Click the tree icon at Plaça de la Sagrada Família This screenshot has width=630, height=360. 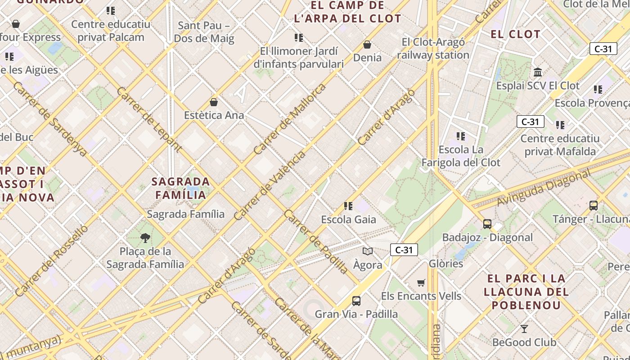pyautogui.click(x=145, y=238)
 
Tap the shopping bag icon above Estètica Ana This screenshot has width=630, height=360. pyautogui.click(x=214, y=102)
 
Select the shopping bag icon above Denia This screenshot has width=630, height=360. pyautogui.click(x=367, y=45)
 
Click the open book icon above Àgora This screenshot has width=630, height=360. pyautogui.click(x=368, y=252)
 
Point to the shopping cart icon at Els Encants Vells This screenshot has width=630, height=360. pyautogui.click(x=421, y=283)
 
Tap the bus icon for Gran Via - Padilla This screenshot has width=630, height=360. pyautogui.click(x=356, y=301)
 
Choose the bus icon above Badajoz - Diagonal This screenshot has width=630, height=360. pyautogui.click(x=487, y=224)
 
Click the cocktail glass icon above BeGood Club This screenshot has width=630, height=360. pyautogui.click(x=524, y=329)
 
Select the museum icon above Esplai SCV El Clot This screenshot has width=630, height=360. pyautogui.click(x=538, y=72)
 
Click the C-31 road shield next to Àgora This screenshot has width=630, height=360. pyautogui.click(x=404, y=250)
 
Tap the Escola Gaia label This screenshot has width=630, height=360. pyautogui.click(x=348, y=220)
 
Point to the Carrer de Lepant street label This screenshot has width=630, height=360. pyautogui.click(x=149, y=119)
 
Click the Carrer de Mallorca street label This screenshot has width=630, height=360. pyautogui.click(x=290, y=119)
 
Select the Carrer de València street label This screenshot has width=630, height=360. pyautogui.click(x=270, y=185)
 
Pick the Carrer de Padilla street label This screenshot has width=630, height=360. pyautogui.click(x=316, y=242)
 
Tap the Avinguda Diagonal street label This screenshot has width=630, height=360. pyautogui.click(x=543, y=188)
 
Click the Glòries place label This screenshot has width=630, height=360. pyautogui.click(x=446, y=263)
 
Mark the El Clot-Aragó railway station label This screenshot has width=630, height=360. pyautogui.click(x=433, y=49)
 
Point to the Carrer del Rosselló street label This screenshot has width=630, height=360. pyautogui.click(x=52, y=261)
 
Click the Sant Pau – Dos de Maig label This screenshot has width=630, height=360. pyautogui.click(x=204, y=32)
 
